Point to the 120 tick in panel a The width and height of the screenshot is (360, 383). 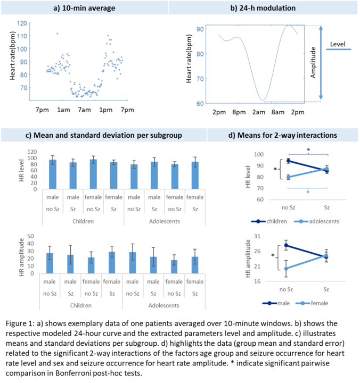tap(23, 23)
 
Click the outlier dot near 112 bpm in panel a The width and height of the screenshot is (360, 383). tap(57, 34)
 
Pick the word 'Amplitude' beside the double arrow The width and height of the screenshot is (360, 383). tap(313, 63)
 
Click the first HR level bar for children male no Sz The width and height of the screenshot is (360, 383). tap(53, 174)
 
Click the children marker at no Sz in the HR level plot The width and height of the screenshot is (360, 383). tap(288, 161)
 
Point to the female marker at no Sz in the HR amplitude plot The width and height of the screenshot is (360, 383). tap(288, 268)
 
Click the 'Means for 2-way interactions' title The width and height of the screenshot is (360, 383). tap(283, 135)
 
